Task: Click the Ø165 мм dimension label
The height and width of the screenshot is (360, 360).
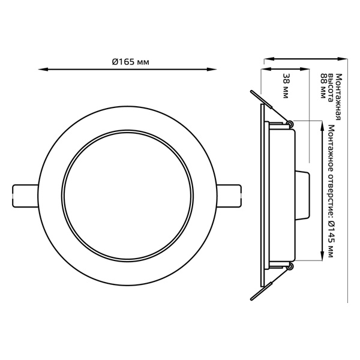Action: click(130, 62)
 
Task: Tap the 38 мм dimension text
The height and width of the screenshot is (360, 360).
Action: click(286, 86)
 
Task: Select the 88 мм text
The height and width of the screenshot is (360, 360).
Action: click(324, 86)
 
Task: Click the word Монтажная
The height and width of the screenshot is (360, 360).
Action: click(338, 97)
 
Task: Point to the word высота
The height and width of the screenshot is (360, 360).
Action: click(331, 88)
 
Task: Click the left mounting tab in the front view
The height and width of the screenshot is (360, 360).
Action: click(25, 196)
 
